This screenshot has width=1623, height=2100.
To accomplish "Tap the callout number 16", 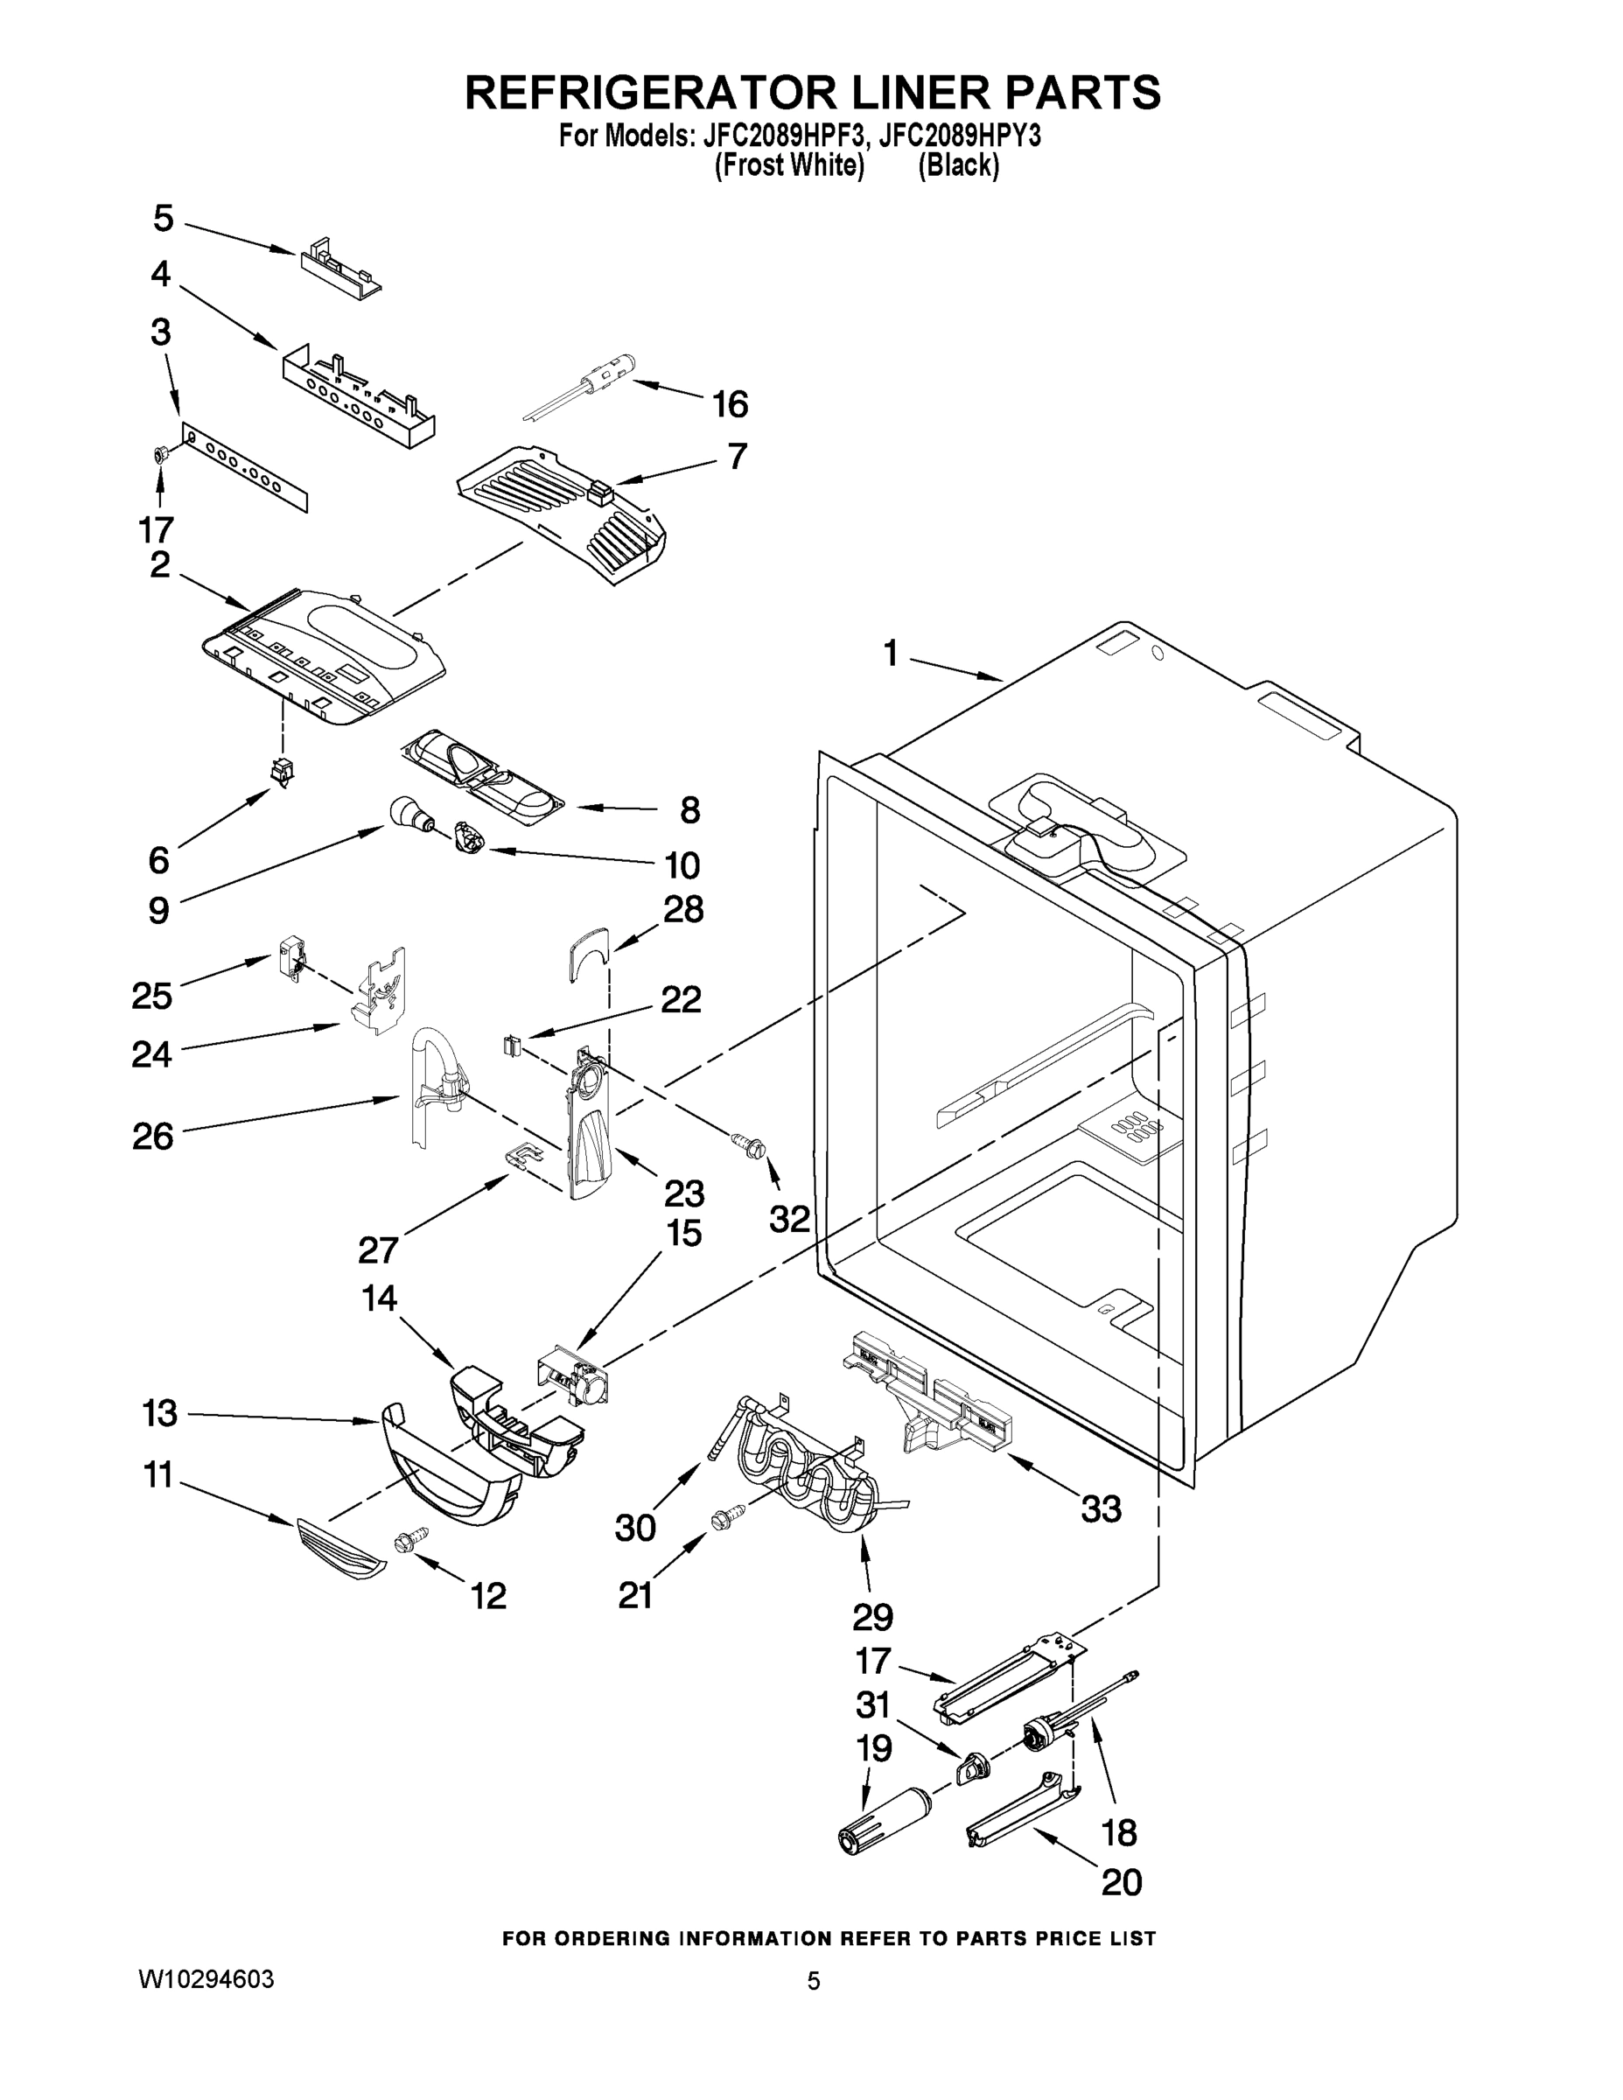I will (x=730, y=405).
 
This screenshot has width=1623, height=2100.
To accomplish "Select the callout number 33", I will (x=1101, y=1509).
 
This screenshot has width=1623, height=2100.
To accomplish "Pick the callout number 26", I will (x=153, y=1137).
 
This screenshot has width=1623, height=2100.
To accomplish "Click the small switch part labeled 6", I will (x=282, y=768).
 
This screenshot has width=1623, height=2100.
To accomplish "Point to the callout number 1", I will (x=891, y=654).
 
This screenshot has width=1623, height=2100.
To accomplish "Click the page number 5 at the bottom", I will (x=814, y=1982).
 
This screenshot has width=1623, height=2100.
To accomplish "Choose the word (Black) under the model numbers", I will (x=959, y=166).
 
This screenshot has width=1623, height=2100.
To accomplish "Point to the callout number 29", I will (x=872, y=1617).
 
